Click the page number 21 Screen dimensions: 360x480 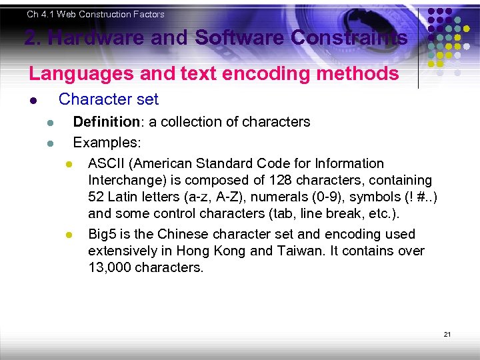[447, 333]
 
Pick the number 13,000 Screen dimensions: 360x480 [110, 267]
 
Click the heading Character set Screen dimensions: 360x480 [109, 99]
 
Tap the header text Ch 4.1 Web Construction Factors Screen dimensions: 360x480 [95, 14]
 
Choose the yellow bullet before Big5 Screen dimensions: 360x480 [68, 235]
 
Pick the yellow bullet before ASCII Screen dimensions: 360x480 [68, 164]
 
